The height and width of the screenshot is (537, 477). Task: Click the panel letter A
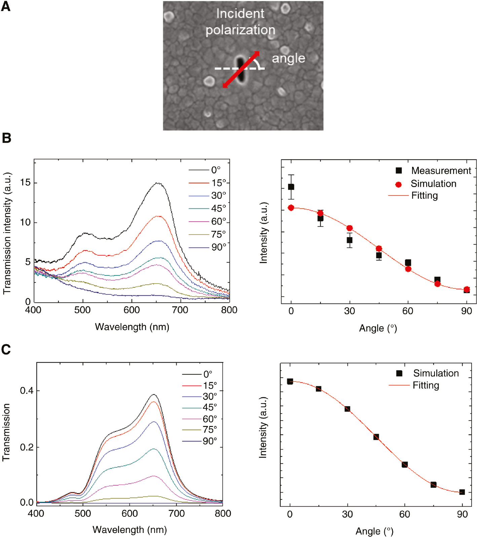click(x=5, y=6)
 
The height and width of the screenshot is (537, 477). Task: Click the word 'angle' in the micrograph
click(x=288, y=58)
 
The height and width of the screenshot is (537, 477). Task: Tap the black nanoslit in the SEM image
click(x=240, y=69)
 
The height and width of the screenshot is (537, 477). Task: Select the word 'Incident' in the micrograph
click(x=240, y=13)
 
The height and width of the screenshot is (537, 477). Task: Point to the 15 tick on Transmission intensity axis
click(x=25, y=183)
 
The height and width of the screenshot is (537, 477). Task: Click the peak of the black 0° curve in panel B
click(x=157, y=183)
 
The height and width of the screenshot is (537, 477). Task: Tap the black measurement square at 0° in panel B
click(x=291, y=187)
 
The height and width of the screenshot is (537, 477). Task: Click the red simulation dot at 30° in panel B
click(x=350, y=228)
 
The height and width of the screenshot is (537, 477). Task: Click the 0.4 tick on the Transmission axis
click(x=27, y=391)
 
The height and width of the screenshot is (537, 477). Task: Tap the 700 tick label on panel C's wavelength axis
click(x=176, y=513)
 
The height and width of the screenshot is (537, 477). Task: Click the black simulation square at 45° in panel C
click(x=376, y=437)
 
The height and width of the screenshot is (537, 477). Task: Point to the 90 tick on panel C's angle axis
click(x=462, y=514)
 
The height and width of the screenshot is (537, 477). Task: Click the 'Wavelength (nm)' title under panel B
click(x=132, y=327)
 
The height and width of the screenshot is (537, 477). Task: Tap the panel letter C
click(x=6, y=350)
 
